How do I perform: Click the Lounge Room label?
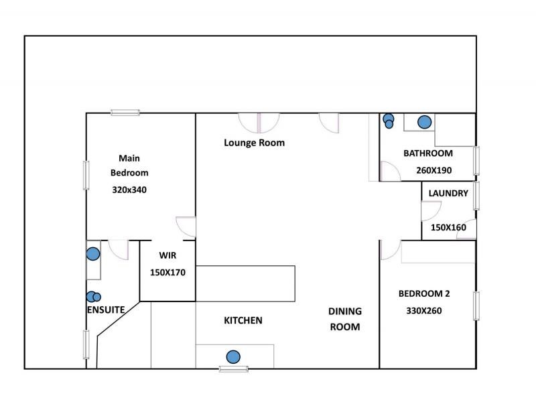pos(254,143)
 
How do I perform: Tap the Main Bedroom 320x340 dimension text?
pos(129,190)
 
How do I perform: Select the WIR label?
pos(167,255)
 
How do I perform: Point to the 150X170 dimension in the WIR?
pos(167,273)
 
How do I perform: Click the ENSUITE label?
pos(106,311)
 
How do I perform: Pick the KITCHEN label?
pos(243,321)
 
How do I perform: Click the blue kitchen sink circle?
pos(233,357)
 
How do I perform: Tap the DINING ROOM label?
pos(344,319)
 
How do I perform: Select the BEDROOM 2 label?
pos(423,293)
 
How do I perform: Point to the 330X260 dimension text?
pos(423,311)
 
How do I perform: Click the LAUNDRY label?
pos(448,194)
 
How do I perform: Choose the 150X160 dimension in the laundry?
pos(448,227)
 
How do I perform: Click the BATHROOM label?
pos(427,153)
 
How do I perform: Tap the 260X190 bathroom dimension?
pos(433,170)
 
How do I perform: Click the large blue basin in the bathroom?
pos(424,122)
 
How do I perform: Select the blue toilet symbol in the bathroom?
pos(389,121)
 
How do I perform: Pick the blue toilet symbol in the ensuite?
pos(93,297)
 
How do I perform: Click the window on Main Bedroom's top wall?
pos(125,113)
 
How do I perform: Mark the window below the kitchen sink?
pos(234,368)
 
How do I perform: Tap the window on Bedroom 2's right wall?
pos(476,305)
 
